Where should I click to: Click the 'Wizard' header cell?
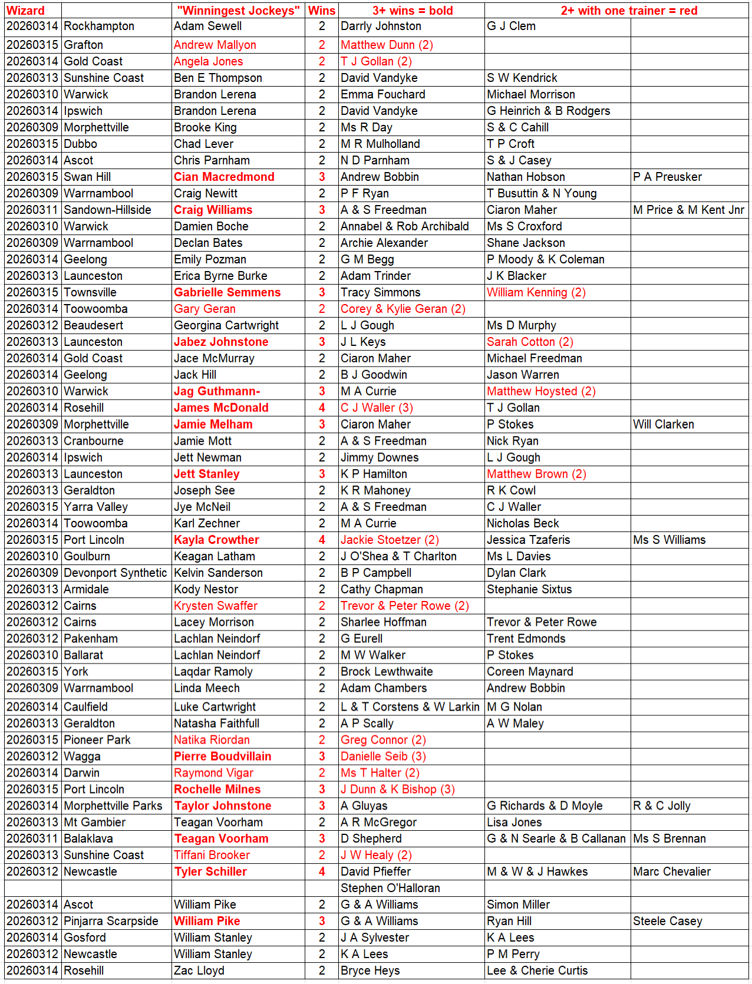25,11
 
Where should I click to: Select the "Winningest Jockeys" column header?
238,11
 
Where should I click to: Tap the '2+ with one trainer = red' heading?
629,11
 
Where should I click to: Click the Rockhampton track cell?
99,27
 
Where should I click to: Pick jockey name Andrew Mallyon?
215,45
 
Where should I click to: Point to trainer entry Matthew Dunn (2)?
387,45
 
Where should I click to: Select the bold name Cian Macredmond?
224,177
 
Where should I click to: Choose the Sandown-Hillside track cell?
107,210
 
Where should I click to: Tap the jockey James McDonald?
221,408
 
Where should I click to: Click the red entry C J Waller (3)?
377,408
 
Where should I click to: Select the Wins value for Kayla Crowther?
322,540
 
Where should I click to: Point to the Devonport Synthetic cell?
115,573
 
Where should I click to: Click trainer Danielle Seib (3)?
383,757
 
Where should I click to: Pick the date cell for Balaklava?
32,838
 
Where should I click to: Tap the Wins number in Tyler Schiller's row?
322,871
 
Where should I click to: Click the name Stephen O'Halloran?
390,888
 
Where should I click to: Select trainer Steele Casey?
667,921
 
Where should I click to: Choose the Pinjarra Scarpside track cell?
111,921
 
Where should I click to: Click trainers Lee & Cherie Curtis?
537,970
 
